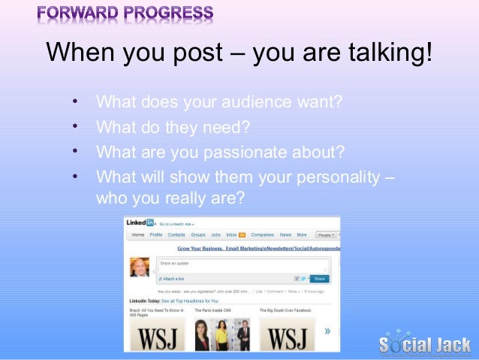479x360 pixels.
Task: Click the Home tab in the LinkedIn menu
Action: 138,235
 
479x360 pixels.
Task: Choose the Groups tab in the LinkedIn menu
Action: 198,235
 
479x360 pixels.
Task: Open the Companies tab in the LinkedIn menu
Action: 262,235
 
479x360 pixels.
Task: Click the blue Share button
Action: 319,277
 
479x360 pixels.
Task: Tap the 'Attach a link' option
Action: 172,278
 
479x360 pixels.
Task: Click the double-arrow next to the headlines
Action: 327,330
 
